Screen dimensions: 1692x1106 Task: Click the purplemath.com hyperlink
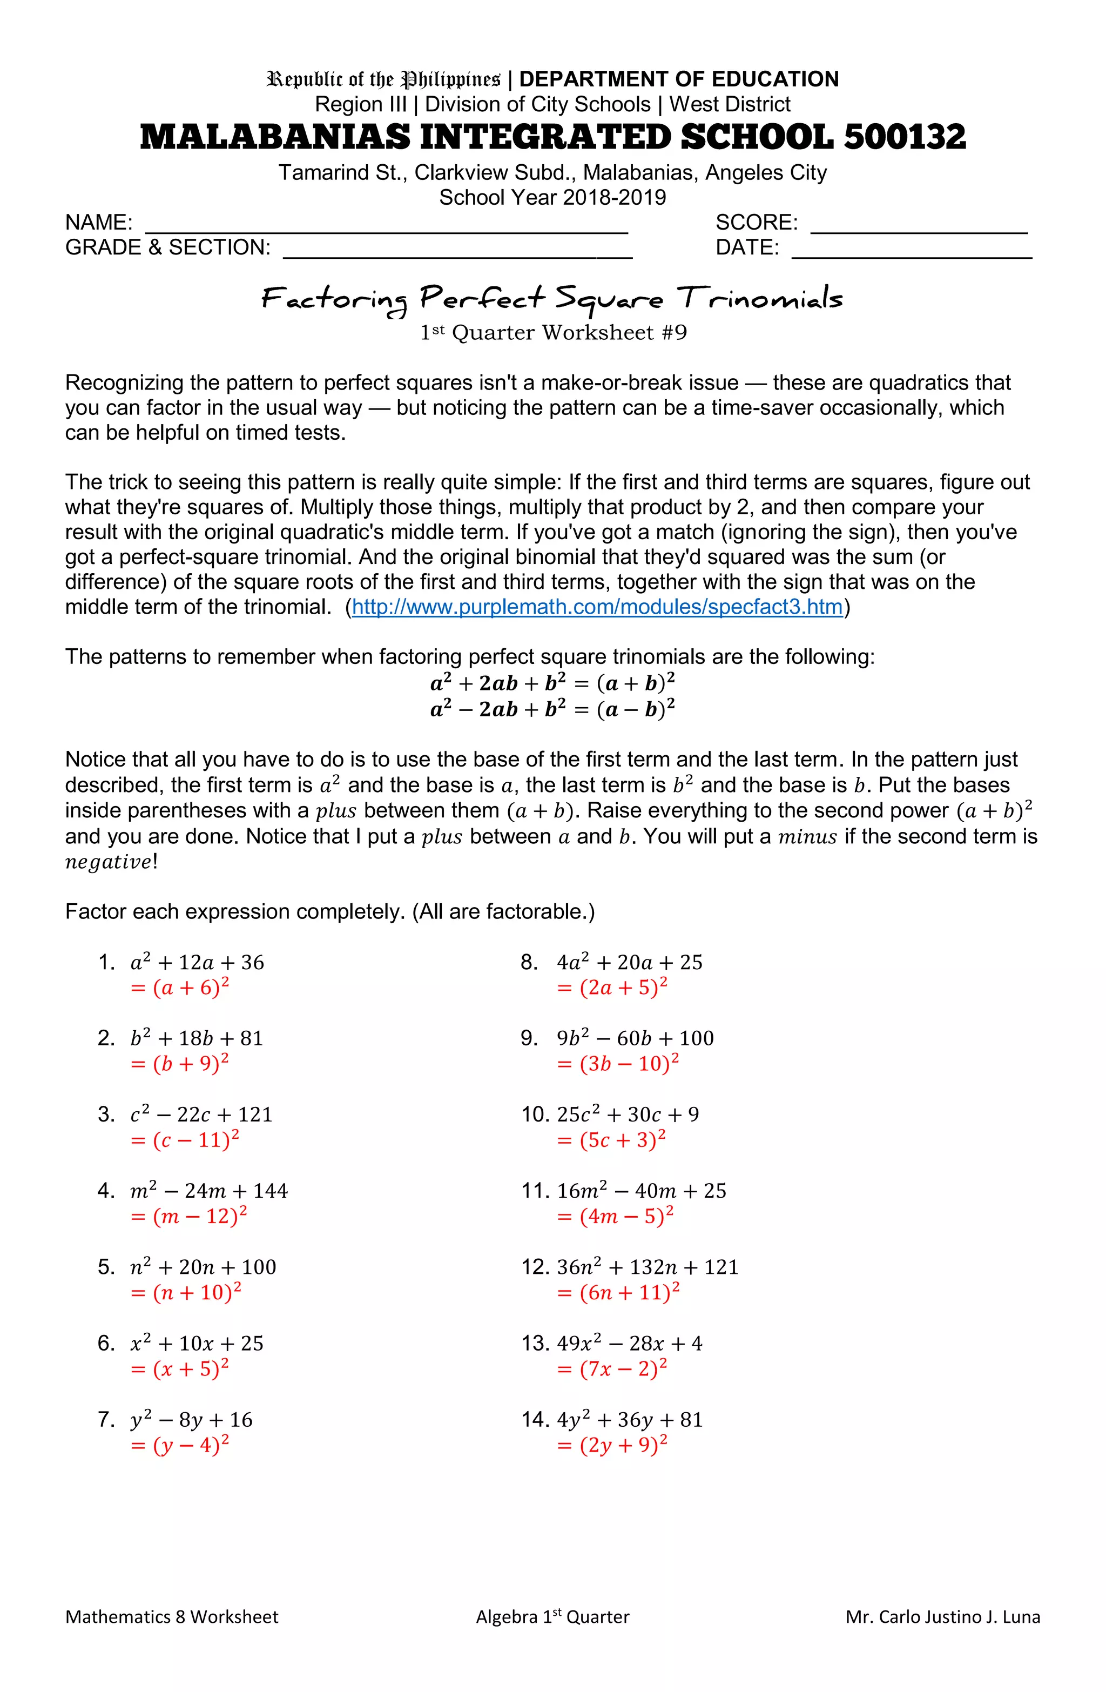597,607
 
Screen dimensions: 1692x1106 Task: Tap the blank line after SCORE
919,225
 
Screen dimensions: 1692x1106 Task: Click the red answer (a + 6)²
180,988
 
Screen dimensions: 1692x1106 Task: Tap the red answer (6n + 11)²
619,1292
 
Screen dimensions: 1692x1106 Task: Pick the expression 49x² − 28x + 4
630,1344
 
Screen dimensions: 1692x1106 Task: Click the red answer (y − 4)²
180,1445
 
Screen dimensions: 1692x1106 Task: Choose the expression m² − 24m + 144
209,1191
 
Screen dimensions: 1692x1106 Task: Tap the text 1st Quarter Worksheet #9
553,333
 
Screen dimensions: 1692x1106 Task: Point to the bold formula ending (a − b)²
552,709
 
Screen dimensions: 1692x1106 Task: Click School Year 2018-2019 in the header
552,198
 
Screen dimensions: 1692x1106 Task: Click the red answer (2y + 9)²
613,1445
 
